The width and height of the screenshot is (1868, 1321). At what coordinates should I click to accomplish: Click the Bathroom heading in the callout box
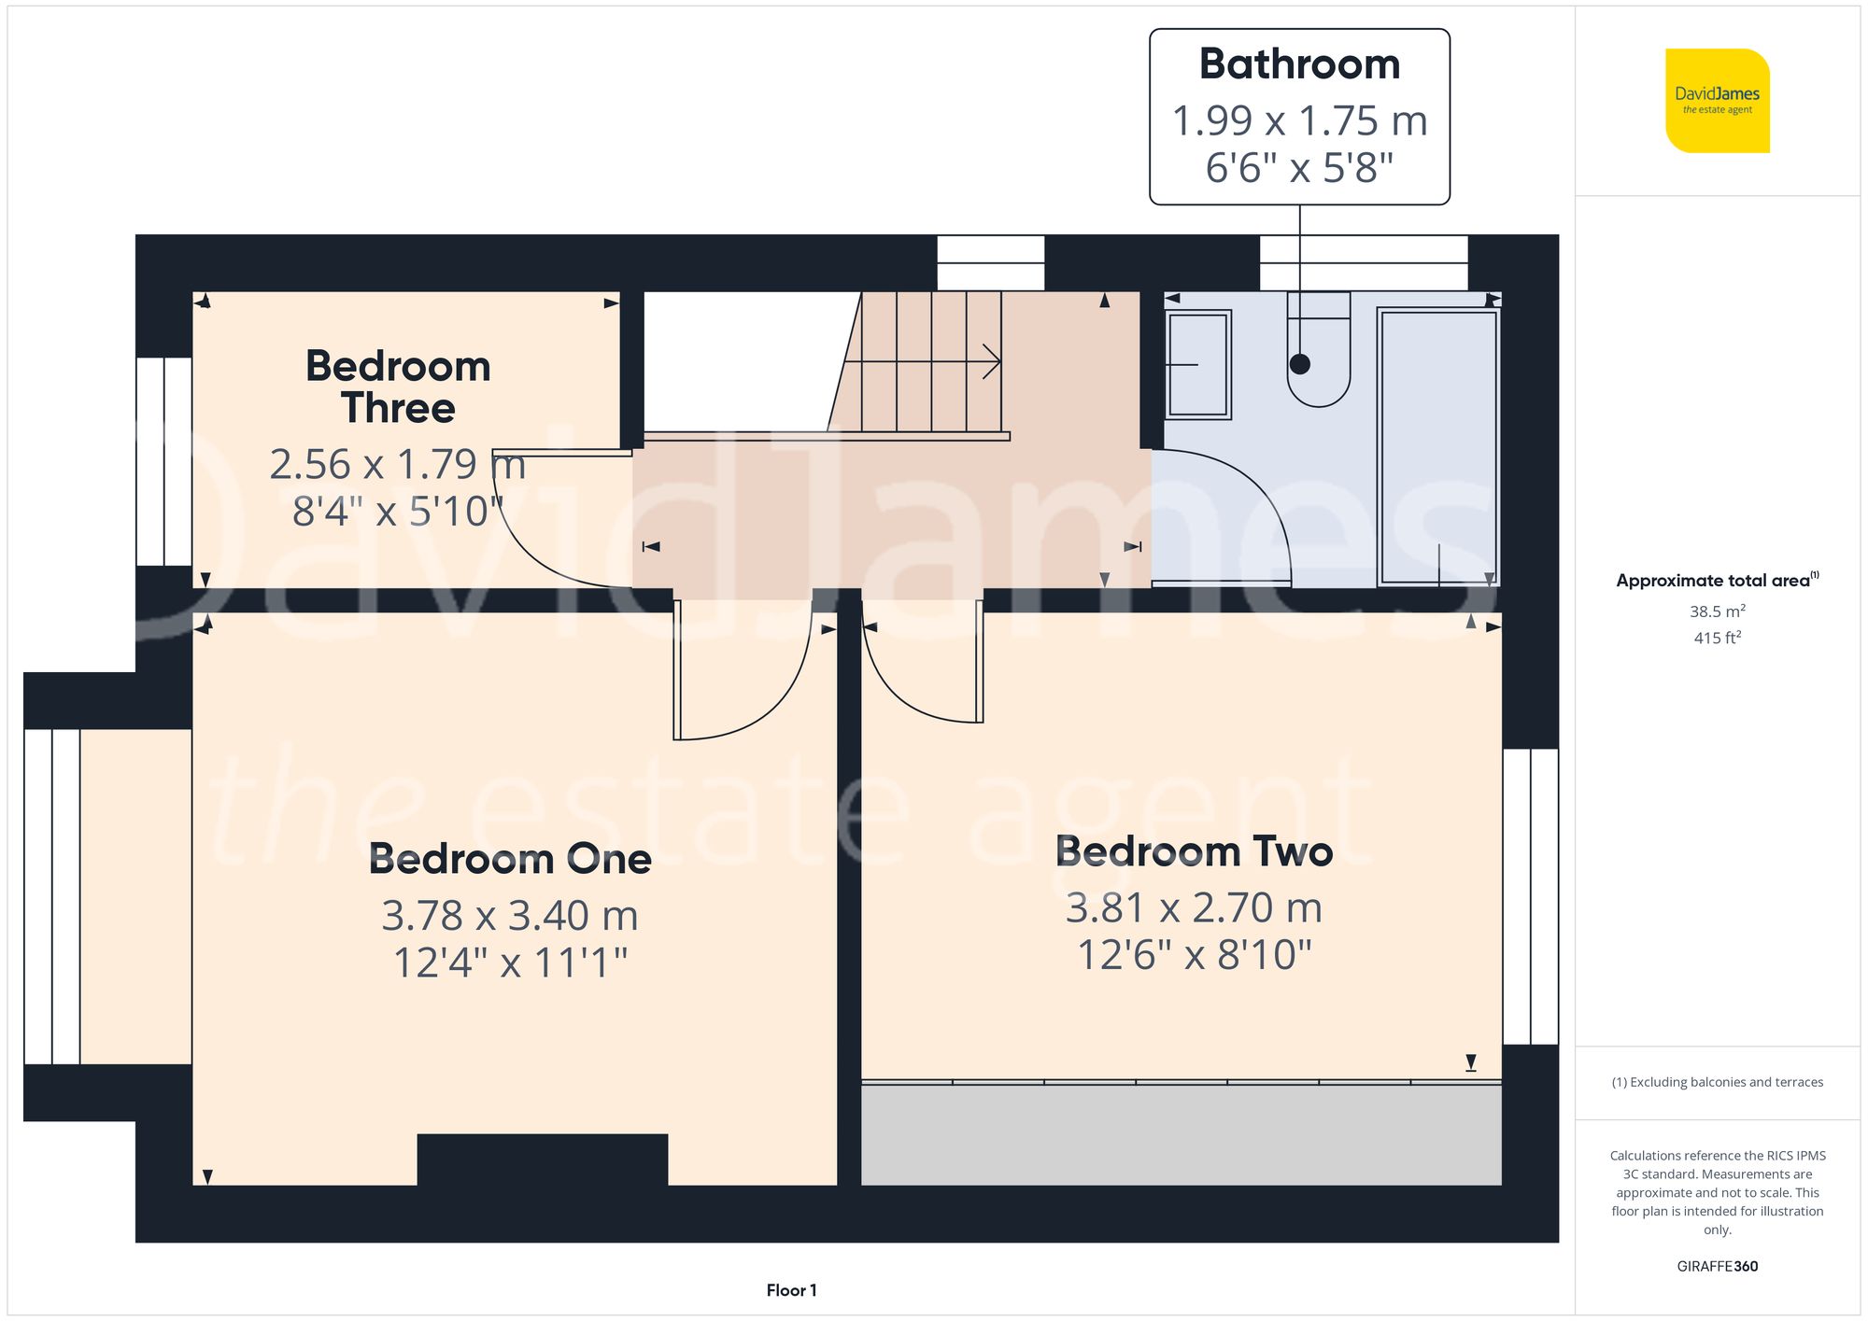(x=1299, y=65)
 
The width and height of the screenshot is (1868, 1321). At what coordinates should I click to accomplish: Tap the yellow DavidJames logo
(x=1717, y=101)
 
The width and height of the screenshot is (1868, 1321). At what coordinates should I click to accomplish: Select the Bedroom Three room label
(x=398, y=386)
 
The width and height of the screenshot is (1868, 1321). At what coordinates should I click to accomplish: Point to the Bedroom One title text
(x=510, y=859)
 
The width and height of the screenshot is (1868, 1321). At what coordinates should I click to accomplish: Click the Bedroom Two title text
(x=1194, y=851)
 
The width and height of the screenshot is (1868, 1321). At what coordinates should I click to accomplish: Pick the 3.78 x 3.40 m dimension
(x=510, y=916)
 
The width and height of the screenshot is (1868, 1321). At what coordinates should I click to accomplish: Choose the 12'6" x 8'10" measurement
(x=1194, y=955)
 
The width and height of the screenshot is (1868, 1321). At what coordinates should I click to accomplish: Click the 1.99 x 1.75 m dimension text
(x=1299, y=121)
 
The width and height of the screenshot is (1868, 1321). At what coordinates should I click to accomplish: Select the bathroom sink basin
(x=1197, y=364)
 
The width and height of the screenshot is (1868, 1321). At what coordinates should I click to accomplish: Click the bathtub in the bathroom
(x=1438, y=439)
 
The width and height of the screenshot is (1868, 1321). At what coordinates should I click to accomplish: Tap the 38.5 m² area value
(x=1717, y=611)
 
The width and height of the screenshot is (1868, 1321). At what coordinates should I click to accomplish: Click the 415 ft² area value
(x=1717, y=639)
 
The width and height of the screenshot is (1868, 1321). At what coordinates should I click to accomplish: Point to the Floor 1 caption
(x=791, y=1290)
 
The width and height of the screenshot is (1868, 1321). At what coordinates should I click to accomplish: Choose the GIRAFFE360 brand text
(x=1717, y=1267)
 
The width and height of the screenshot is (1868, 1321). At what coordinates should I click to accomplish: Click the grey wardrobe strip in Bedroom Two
(x=1181, y=1134)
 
